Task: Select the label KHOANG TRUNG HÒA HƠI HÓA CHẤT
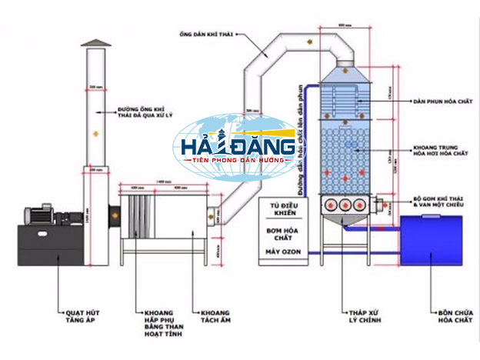441,151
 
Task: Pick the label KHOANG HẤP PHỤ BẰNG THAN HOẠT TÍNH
163,322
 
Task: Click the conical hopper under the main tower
345,222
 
